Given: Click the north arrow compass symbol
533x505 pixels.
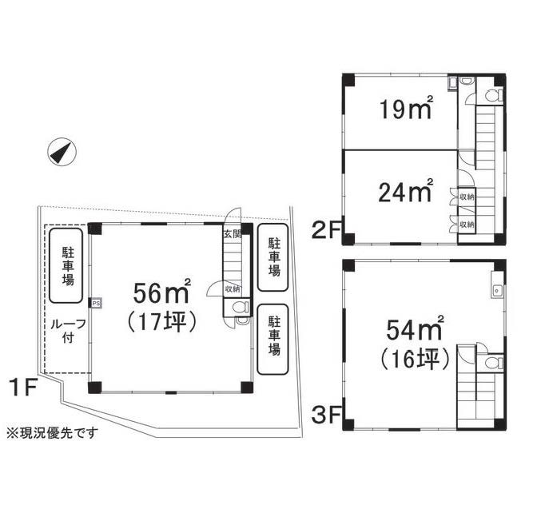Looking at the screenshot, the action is [62, 153].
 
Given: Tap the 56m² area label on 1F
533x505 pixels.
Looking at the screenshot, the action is [161, 292].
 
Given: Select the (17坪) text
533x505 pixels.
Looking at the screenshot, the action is [161, 322].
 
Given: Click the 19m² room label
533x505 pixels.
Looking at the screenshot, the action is [406, 107].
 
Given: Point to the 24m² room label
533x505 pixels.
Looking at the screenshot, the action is [406, 190].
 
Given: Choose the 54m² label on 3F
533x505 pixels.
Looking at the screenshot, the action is [415, 328].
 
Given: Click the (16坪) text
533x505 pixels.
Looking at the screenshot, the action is [415, 359].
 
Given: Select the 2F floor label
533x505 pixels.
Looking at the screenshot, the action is [326, 230].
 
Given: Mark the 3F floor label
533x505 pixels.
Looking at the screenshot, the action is [326, 416].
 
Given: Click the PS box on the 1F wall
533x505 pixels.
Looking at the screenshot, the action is [96, 303].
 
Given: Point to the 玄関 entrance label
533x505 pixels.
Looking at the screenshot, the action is [233, 234].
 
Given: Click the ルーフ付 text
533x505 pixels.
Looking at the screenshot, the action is [68, 331].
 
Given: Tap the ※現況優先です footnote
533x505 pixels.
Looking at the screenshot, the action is [53, 432].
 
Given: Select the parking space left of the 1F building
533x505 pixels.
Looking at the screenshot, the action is [66, 265].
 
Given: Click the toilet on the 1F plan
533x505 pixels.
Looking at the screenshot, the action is [241, 308].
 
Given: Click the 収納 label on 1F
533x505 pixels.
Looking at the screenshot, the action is [233, 289].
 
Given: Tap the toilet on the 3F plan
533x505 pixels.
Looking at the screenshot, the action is [494, 363].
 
